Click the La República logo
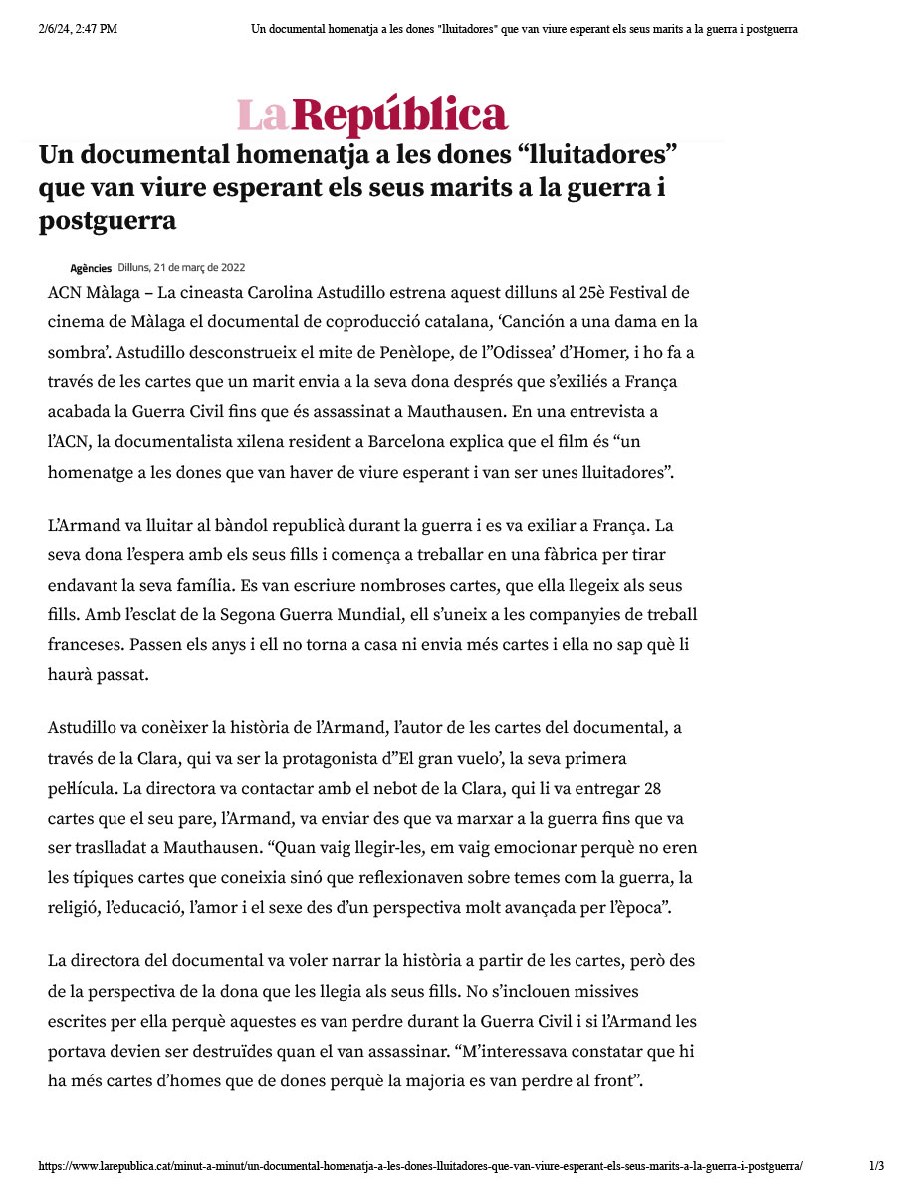(x=371, y=116)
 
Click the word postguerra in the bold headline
(x=108, y=220)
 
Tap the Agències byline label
(x=91, y=268)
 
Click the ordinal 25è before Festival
(x=566, y=293)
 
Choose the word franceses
(x=88, y=645)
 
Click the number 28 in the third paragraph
(x=653, y=789)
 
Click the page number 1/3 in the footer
(x=876, y=1166)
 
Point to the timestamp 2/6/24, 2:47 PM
(x=78, y=29)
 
